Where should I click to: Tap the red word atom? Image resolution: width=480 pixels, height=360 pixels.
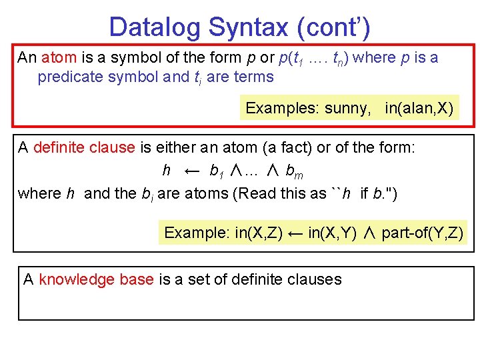[60, 57]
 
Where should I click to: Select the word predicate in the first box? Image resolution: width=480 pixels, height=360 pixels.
[70, 77]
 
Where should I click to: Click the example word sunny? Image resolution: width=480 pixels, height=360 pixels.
[347, 108]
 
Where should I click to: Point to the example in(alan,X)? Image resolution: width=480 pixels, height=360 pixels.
[419, 108]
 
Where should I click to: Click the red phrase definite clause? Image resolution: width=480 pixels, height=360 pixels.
[84, 147]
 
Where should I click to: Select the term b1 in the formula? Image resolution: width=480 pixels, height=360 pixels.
[217, 172]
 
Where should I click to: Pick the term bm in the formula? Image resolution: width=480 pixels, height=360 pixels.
[294, 172]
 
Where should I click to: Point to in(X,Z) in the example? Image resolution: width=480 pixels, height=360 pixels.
[259, 233]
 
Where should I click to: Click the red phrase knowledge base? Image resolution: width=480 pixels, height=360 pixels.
[97, 279]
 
